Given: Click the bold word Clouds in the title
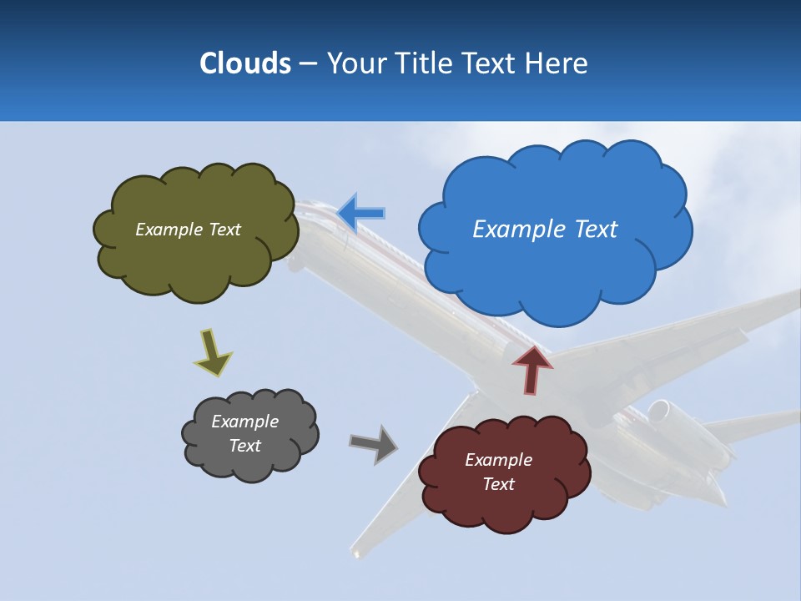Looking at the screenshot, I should [244, 63].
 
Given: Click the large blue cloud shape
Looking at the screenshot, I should [555, 267].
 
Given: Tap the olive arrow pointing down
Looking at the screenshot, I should [212, 351].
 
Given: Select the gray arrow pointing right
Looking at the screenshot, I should [374, 444].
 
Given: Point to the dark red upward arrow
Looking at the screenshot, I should [532, 370].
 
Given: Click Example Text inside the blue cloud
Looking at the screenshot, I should [545, 230].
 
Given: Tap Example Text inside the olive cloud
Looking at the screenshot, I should [188, 230].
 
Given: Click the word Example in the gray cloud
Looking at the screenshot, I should [244, 422].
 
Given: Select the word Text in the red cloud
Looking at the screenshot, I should [498, 484].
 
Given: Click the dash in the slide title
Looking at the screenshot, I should [308, 64].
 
